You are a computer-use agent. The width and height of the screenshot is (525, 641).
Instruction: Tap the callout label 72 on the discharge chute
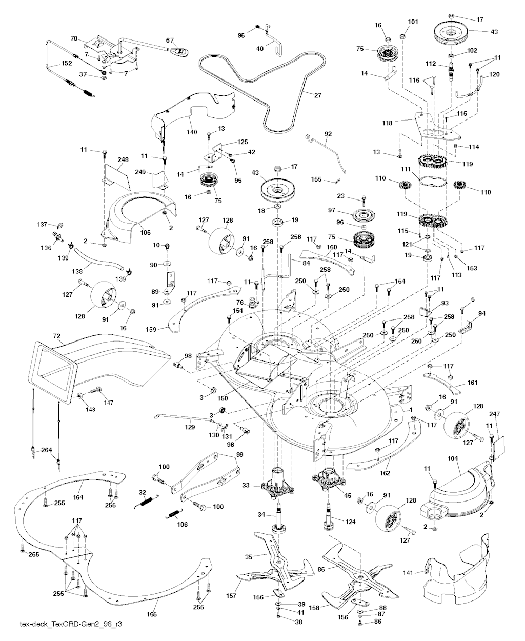[56, 335]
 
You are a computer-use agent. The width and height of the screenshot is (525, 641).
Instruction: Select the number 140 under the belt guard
[192, 132]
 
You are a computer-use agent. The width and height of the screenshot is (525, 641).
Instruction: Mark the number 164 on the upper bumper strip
[78, 497]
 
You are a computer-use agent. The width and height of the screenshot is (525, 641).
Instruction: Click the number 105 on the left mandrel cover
[145, 232]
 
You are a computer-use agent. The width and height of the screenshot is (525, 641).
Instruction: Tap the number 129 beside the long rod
[190, 427]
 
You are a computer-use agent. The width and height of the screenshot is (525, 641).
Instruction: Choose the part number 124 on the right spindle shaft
[351, 522]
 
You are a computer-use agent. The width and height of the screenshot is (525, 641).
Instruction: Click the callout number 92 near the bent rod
[328, 134]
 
